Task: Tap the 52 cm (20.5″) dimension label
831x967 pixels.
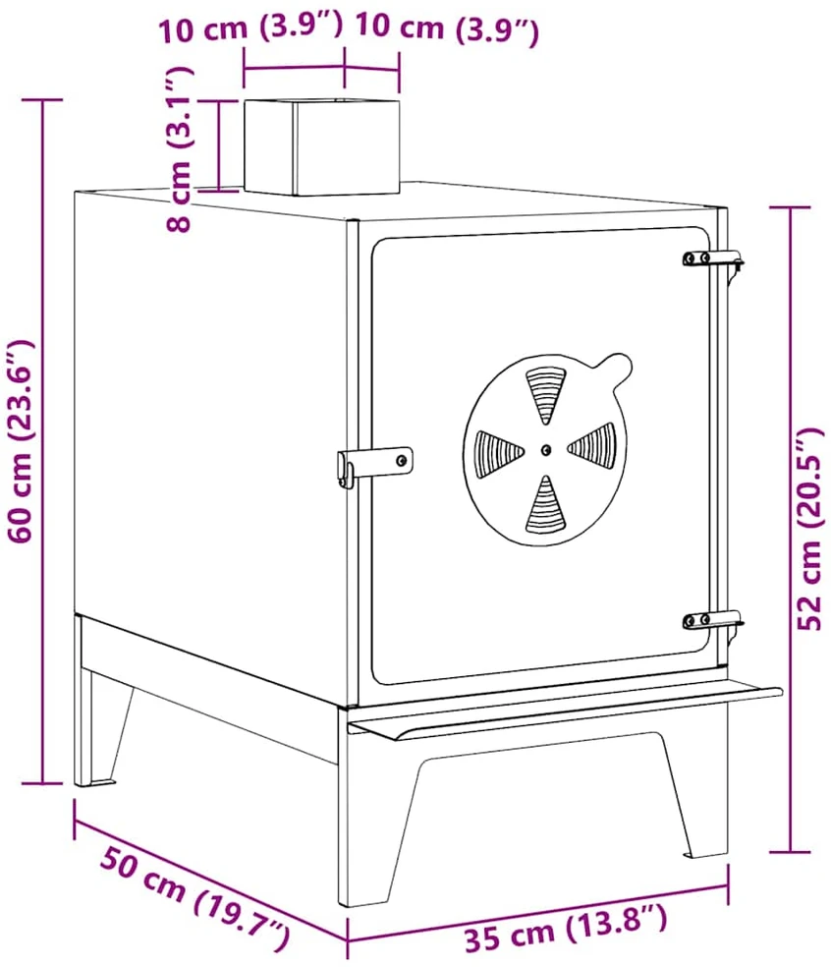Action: click(809, 528)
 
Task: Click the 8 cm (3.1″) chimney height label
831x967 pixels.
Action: click(180, 148)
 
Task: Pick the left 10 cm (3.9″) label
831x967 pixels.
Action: click(250, 28)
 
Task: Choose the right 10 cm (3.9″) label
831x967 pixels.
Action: click(447, 28)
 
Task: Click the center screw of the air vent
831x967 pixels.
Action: click(545, 450)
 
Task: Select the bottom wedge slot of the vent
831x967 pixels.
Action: click(545, 506)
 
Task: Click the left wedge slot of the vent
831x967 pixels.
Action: click(498, 455)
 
